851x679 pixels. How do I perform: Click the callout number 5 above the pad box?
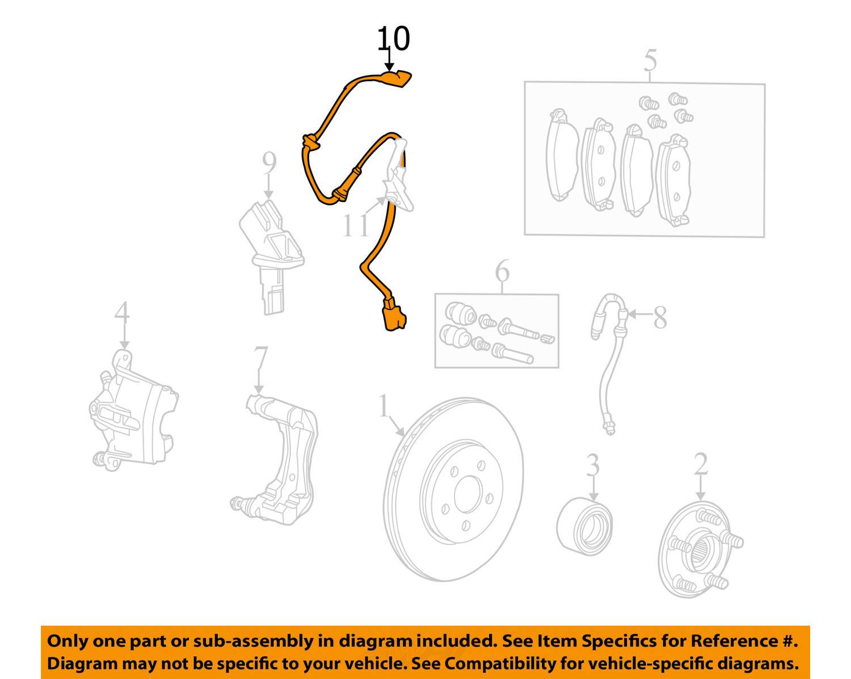click(650, 61)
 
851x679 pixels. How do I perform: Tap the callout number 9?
click(269, 164)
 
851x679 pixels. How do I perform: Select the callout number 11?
click(356, 226)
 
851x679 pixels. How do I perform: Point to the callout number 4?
click(122, 313)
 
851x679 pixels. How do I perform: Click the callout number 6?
click(502, 271)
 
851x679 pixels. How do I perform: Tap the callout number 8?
click(660, 317)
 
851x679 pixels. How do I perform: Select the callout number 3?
click(592, 465)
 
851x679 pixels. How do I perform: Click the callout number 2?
click(700, 464)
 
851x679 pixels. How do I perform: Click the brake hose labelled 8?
click(609, 364)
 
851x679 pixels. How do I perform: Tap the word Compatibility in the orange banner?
click(484, 664)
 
